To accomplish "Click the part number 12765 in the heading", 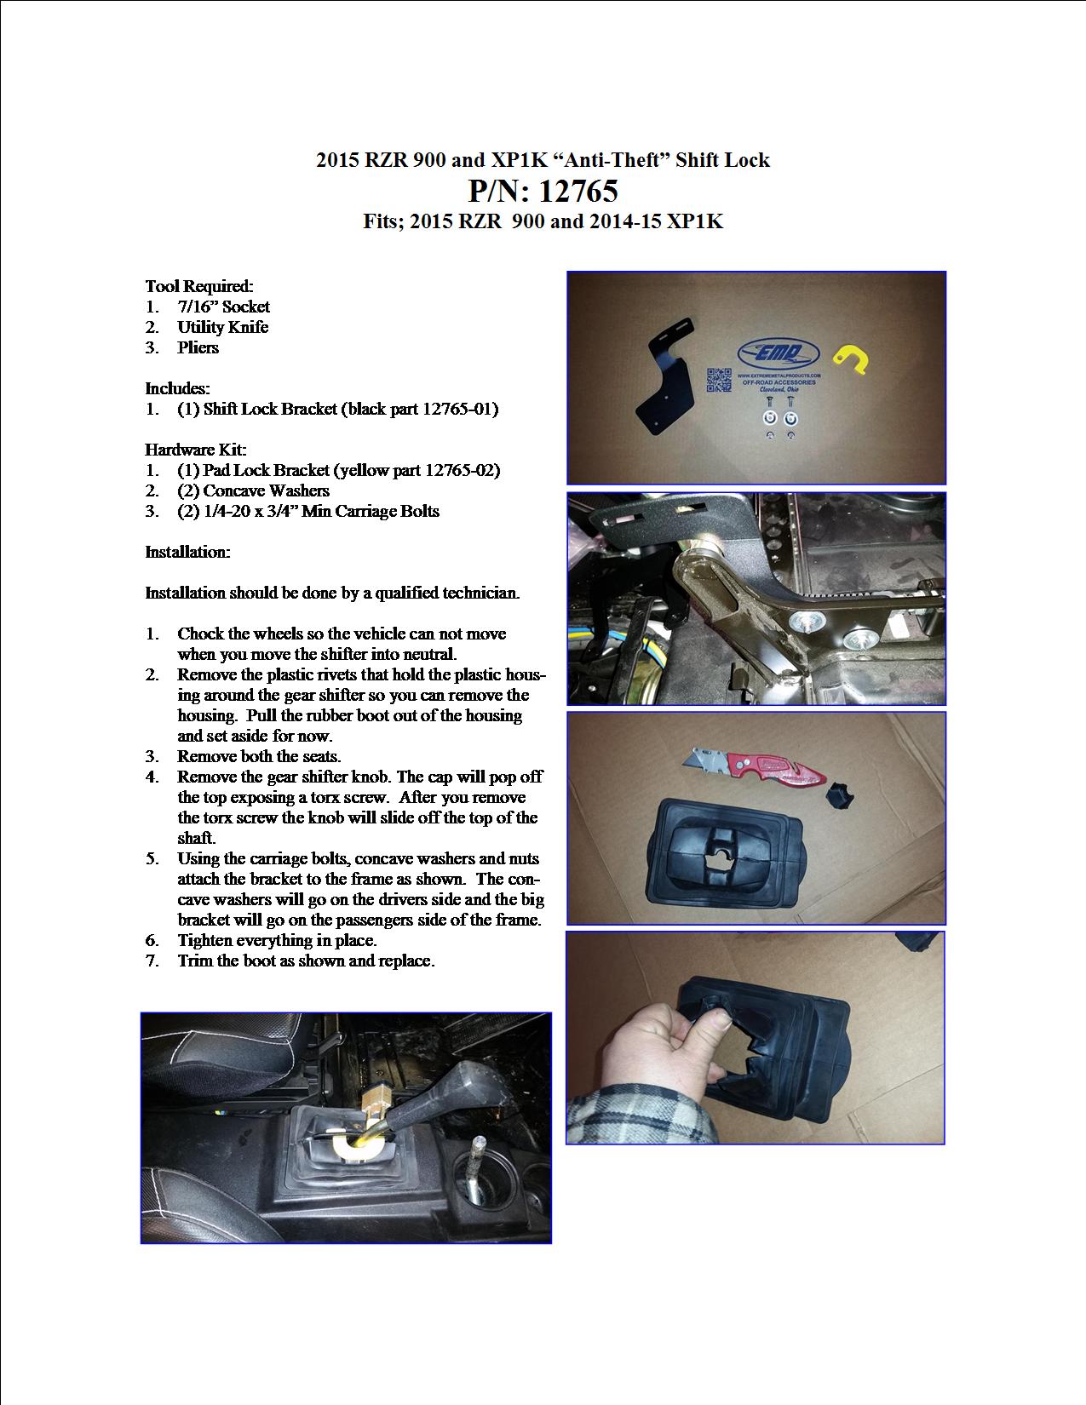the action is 578,191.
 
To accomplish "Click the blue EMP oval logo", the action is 779,353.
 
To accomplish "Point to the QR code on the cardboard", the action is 719,380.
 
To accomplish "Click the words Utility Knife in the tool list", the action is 222,327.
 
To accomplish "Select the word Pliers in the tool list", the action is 198,348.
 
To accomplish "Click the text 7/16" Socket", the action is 223,307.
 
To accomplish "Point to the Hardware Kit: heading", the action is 195,450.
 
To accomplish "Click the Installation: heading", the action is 187,552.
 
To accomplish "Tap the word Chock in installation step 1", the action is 201,634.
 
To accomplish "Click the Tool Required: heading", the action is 199,286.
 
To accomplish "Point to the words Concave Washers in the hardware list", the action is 266,490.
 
